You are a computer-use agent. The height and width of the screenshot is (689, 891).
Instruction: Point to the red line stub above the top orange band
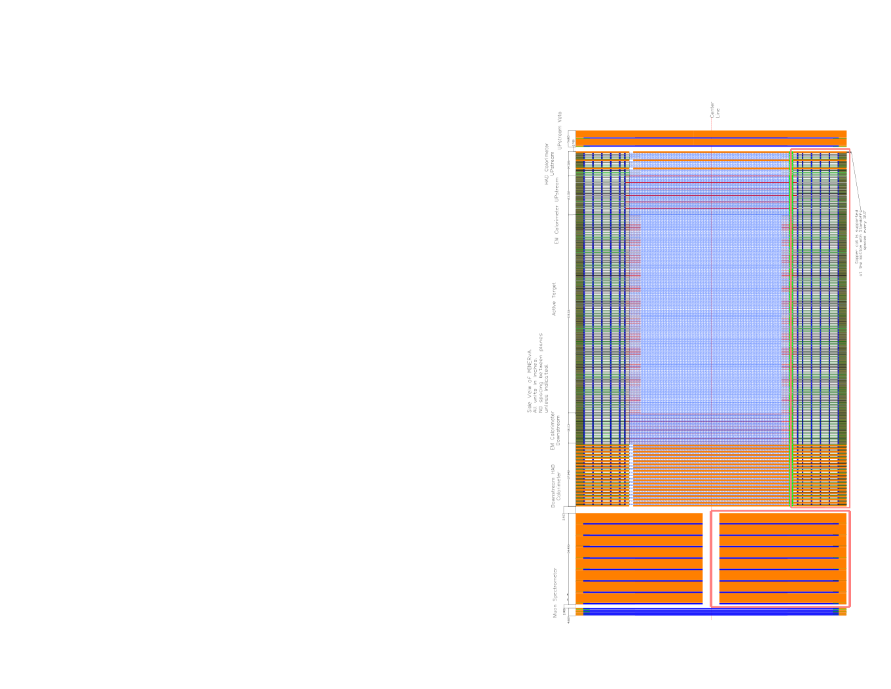point(712,124)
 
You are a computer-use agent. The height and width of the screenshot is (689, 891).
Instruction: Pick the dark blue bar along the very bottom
point(711,612)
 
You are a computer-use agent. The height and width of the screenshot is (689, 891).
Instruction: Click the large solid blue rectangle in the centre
point(711,314)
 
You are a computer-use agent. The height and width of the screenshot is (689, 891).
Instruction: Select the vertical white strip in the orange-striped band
point(631,475)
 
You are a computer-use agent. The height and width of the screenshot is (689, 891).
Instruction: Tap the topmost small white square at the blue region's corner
point(631,153)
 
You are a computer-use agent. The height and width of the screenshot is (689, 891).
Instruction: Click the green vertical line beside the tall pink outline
point(792,327)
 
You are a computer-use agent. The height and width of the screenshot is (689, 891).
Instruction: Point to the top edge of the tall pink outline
point(820,150)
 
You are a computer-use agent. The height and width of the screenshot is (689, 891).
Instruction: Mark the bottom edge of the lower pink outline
point(780,606)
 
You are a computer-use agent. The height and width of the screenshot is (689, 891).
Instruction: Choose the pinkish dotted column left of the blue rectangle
point(635,314)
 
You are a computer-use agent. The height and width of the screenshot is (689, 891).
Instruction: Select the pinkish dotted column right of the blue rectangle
point(785,314)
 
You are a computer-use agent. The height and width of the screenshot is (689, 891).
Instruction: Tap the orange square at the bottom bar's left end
point(579,612)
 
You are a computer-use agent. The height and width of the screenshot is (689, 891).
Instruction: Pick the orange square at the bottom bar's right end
point(843,612)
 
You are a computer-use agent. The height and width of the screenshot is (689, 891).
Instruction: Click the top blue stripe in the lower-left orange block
point(642,524)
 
